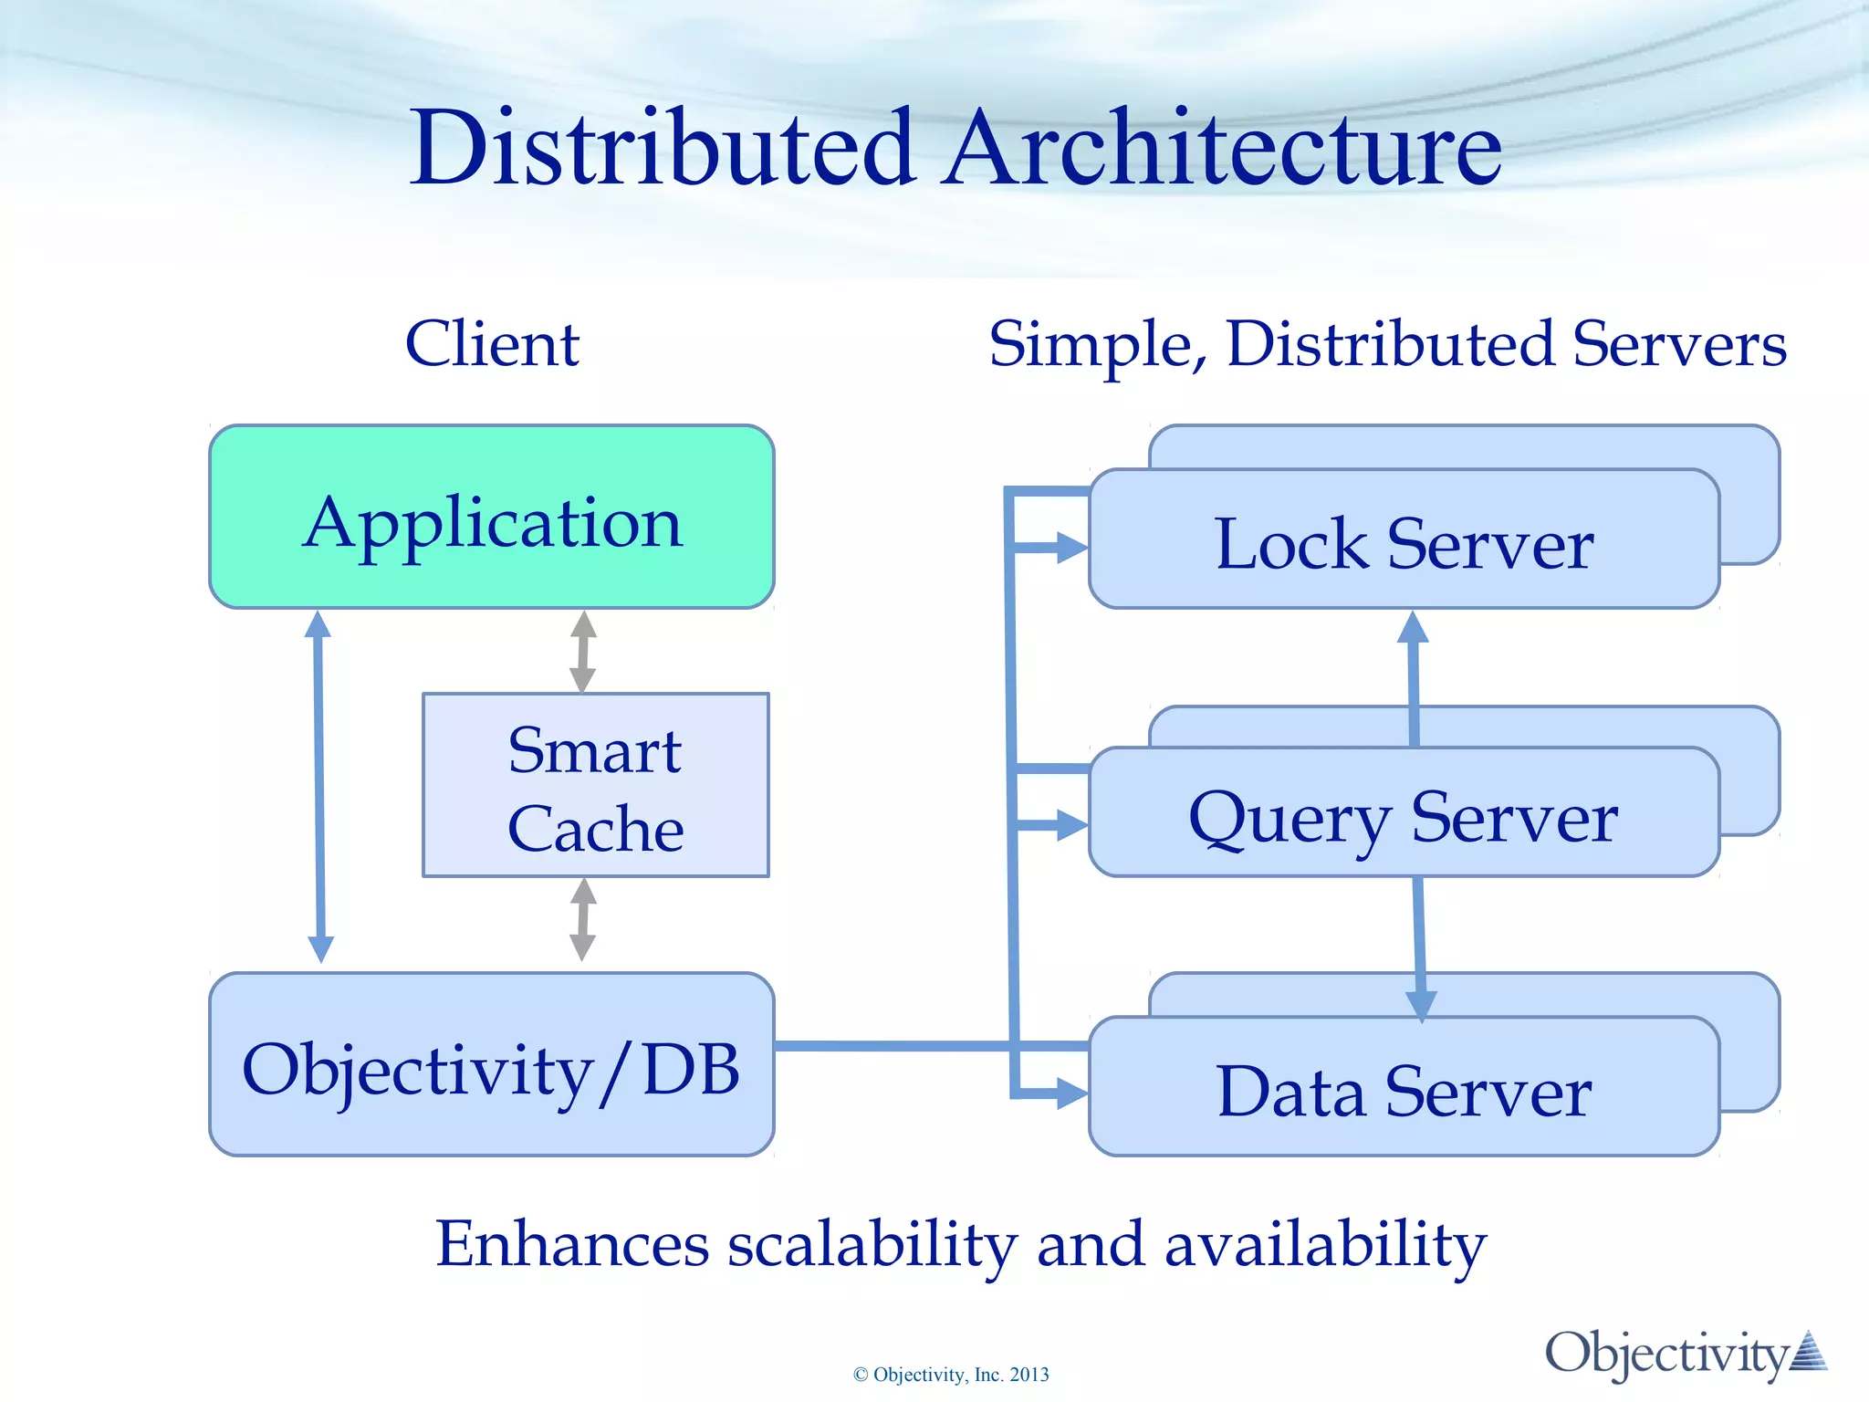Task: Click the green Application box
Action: tap(492, 518)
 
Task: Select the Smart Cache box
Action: tap(595, 786)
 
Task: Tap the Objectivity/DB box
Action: tap(492, 1065)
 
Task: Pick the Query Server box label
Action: tap(1404, 817)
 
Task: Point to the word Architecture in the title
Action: tap(1223, 148)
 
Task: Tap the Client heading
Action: tap(492, 344)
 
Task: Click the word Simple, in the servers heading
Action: tap(1100, 346)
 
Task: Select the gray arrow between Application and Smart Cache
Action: tap(583, 652)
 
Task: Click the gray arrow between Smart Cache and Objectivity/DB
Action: tap(583, 919)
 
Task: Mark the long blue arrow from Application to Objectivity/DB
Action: tap(318, 785)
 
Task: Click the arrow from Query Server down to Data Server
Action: tap(1419, 949)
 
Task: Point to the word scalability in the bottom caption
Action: tap(872, 1245)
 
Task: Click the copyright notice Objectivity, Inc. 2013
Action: tap(951, 1375)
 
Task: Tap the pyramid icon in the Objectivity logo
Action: tap(1809, 1351)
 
